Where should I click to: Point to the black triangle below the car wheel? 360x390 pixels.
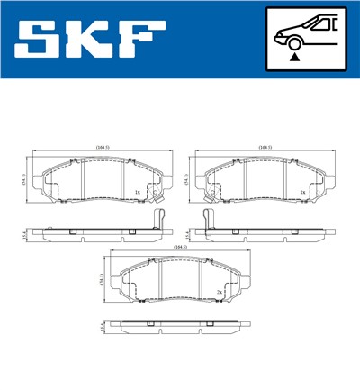[293, 58]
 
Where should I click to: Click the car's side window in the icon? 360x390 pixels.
[323, 25]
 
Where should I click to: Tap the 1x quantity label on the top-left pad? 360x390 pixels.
[136, 192]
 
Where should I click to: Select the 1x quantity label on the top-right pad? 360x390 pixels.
[304, 192]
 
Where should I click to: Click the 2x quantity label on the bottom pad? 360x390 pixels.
[219, 294]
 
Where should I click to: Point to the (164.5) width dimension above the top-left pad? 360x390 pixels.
[102, 146]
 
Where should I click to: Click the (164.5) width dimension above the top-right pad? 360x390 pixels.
[265, 146]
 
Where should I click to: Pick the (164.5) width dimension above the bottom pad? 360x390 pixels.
[180, 247]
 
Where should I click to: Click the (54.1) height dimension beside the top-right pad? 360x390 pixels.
[185, 180]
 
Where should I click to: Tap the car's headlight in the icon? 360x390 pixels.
[279, 34]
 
